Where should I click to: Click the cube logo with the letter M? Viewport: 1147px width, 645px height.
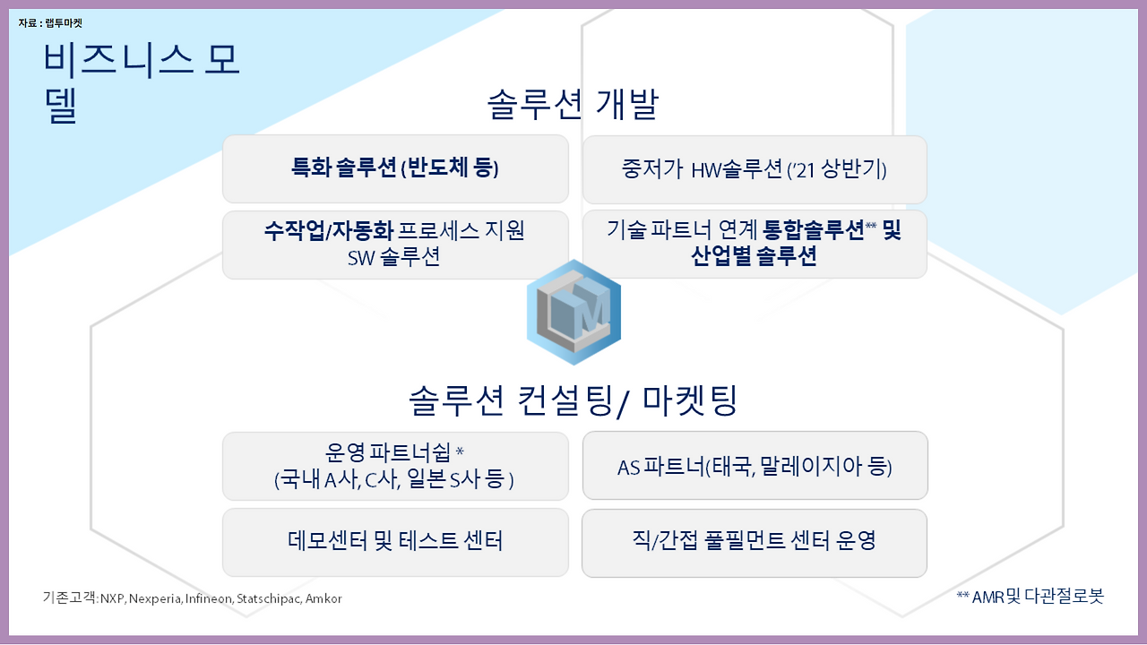[x=573, y=313]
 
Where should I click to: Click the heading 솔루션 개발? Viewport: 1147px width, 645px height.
[x=573, y=105]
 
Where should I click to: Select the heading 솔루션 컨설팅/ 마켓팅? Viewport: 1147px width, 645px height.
[x=573, y=400]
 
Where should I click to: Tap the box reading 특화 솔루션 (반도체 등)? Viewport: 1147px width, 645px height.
[x=395, y=169]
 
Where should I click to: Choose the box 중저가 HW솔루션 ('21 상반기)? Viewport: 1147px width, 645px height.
[x=755, y=169]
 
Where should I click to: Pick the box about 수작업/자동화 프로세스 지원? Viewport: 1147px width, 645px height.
[x=395, y=245]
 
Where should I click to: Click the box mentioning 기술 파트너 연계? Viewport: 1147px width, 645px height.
[x=755, y=245]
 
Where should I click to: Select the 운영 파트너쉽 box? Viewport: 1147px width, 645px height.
[x=395, y=466]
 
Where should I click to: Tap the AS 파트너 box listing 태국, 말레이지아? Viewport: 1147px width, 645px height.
[x=755, y=465]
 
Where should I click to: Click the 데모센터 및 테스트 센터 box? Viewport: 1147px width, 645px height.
[x=395, y=542]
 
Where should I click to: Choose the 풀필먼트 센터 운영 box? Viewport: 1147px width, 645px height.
[x=755, y=543]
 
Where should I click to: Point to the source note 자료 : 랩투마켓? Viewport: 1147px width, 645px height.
[x=50, y=23]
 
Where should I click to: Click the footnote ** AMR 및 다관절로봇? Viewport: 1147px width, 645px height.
[x=1030, y=597]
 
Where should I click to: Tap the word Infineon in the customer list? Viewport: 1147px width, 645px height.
[x=208, y=598]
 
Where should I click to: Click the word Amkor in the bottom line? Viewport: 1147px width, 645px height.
[x=323, y=598]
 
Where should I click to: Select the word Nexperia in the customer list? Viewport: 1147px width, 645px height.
[x=155, y=598]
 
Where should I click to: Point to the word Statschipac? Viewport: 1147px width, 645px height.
[x=268, y=598]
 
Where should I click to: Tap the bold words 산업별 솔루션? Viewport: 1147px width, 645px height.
[x=754, y=256]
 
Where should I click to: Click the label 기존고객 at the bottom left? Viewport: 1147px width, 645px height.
[x=69, y=598]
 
